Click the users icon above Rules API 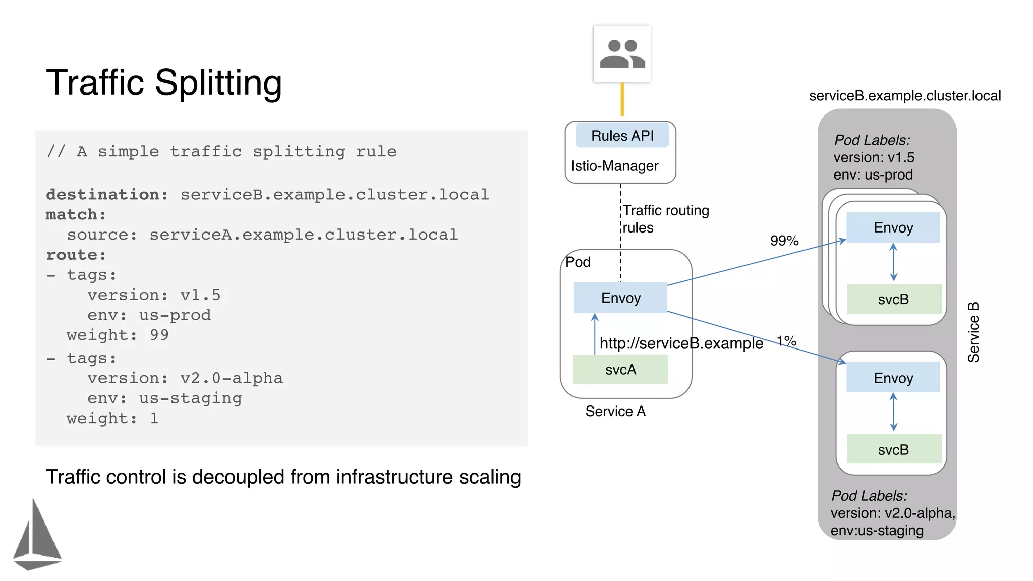tap(622, 54)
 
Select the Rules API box tap(622, 136)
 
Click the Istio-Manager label tap(614, 166)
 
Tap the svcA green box tap(620, 370)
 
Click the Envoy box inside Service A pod tap(620, 298)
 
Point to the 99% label tap(784, 241)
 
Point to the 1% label tap(786, 341)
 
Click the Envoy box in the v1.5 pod tap(893, 227)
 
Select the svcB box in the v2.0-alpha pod tap(893, 449)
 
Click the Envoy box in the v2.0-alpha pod tap(893, 378)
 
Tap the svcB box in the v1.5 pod tap(893, 299)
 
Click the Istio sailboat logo tap(37, 536)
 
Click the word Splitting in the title tap(218, 83)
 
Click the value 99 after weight tap(159, 335)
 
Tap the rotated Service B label tap(973, 332)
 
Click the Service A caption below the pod tap(615, 412)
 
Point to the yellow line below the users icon tap(622, 99)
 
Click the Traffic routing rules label tap(665, 219)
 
